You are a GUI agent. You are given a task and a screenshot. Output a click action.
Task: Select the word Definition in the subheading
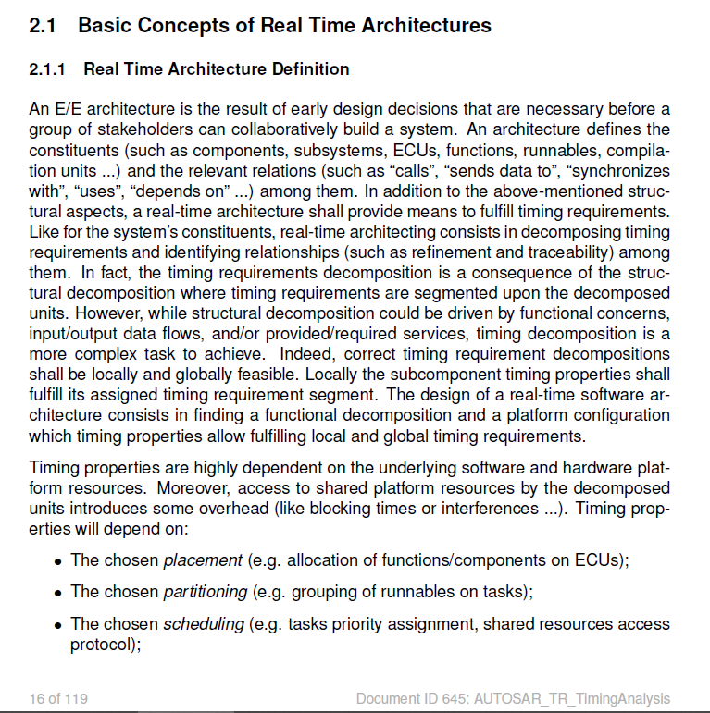tap(311, 69)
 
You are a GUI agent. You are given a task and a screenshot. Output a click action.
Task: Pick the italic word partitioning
tap(206, 592)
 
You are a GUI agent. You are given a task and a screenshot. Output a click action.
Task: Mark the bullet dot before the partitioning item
tap(58, 593)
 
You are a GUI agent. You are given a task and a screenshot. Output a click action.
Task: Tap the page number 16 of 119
tap(58, 698)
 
